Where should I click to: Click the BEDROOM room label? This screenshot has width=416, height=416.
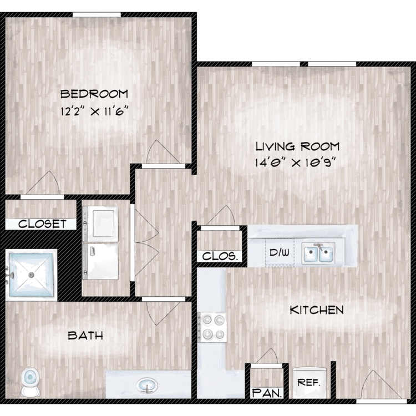tap(94, 94)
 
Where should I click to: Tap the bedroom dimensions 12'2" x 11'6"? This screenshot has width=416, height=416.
tap(95, 111)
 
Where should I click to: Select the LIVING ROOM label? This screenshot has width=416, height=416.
tap(297, 146)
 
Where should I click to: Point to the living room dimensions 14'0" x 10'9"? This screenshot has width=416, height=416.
tap(296, 163)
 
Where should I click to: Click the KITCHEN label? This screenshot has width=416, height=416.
tap(317, 310)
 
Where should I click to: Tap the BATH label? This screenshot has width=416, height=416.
tap(85, 336)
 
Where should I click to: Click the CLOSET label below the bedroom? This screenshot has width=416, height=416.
tap(42, 224)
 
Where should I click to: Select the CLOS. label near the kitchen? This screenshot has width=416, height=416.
tap(220, 256)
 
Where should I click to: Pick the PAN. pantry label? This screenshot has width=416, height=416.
tap(267, 393)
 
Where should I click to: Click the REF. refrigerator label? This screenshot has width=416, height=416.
tap(309, 382)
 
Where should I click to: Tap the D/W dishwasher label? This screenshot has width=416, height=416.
tap(280, 252)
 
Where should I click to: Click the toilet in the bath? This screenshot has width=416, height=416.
tap(30, 382)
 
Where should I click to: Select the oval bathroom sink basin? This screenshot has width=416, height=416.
tap(147, 385)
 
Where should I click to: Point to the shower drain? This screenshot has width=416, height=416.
tap(32, 275)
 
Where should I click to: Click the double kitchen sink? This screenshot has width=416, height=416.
tap(318, 253)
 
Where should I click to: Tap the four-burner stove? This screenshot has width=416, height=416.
tap(212, 327)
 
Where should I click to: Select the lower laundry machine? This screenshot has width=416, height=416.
tap(100, 261)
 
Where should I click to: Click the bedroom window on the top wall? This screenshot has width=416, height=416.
tap(97, 14)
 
